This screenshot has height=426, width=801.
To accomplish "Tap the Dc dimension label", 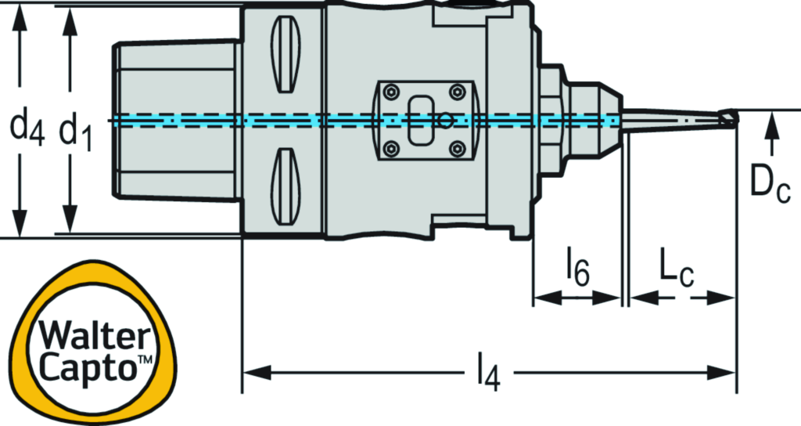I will tap(770, 184).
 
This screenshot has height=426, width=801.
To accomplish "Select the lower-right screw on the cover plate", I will tap(456, 148).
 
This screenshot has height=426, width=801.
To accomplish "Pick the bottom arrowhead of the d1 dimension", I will tap(71, 223).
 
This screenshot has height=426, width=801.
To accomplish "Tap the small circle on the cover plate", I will tap(445, 121).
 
